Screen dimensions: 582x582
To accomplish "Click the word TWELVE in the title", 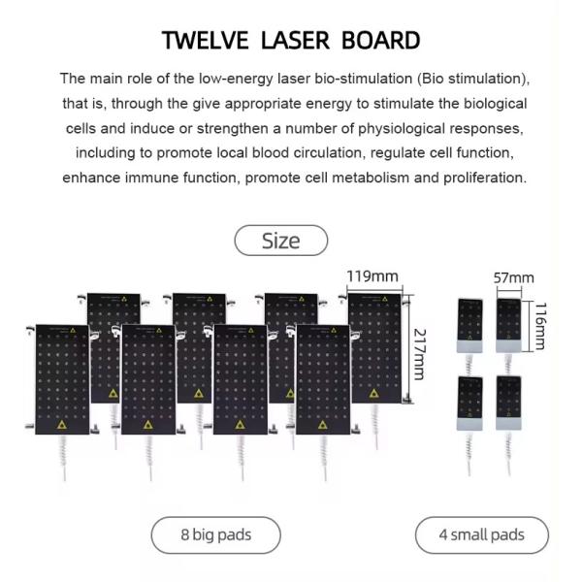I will coord(207,41).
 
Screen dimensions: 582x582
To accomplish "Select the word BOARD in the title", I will coord(380,41).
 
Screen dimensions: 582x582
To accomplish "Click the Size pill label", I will coord(281,241).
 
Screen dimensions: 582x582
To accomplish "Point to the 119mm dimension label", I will coord(372,277).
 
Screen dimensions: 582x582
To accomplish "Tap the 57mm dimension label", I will coord(510,278).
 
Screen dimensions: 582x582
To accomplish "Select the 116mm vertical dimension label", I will coord(541,325).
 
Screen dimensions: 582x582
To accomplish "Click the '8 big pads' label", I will coord(216,534).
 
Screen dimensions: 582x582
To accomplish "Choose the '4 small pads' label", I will coord(482,534).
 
